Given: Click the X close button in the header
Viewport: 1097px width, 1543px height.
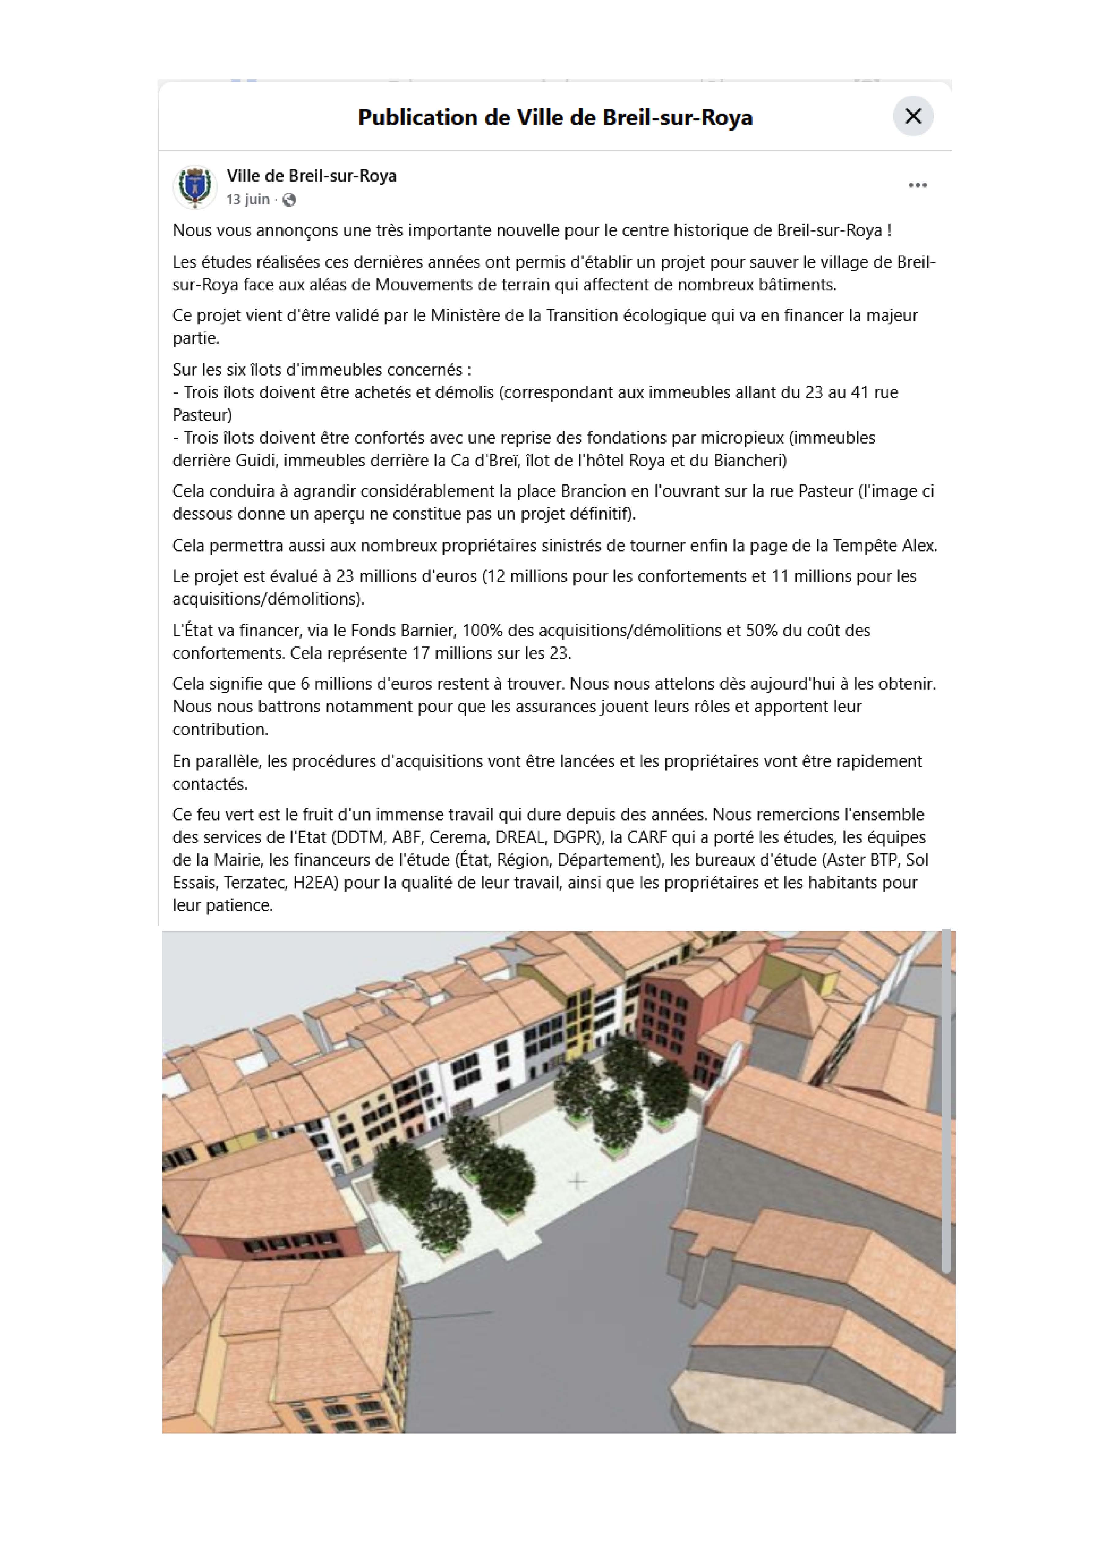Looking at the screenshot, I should click(x=913, y=116).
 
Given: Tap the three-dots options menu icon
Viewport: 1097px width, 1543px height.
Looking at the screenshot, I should click(x=917, y=185).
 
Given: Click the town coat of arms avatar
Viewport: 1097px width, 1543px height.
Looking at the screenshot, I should click(x=194, y=187).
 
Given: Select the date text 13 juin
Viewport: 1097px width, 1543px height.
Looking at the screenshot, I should click(x=248, y=199).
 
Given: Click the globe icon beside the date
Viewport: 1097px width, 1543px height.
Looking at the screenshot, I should click(x=289, y=200).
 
